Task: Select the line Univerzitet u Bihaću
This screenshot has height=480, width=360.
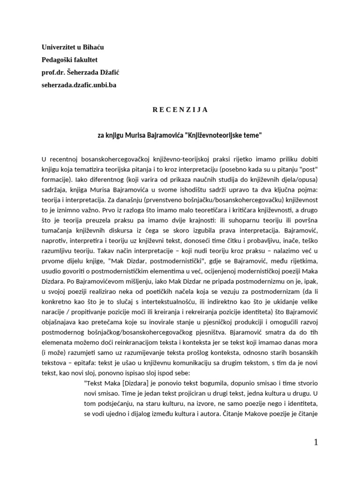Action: (73, 47)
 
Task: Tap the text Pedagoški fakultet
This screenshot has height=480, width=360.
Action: (69, 59)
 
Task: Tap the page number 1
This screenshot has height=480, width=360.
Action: (315, 442)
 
